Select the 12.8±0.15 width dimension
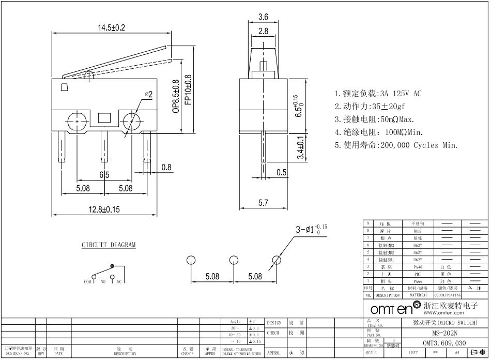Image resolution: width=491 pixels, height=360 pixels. click(105, 209)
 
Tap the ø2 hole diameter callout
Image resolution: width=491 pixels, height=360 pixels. click(148, 95)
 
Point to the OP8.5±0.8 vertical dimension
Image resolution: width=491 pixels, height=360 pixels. click(176, 96)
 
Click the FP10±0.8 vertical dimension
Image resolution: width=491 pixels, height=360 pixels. click(188, 89)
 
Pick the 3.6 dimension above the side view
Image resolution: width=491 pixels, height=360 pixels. click(263, 17)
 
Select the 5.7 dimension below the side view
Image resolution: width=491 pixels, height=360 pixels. click(263, 203)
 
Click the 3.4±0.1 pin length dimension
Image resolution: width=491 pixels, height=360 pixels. click(301, 147)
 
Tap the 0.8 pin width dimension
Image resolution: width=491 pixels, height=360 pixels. click(166, 167)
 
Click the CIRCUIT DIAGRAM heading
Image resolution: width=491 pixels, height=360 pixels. click(109, 245)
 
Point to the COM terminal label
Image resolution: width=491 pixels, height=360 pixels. click(87, 282)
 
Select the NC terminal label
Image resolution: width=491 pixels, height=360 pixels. click(119, 282)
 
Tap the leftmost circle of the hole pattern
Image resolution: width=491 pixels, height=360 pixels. click(191, 260)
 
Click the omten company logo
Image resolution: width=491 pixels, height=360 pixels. click(395, 309)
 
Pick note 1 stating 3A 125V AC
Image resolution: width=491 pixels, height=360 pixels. click(378, 94)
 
